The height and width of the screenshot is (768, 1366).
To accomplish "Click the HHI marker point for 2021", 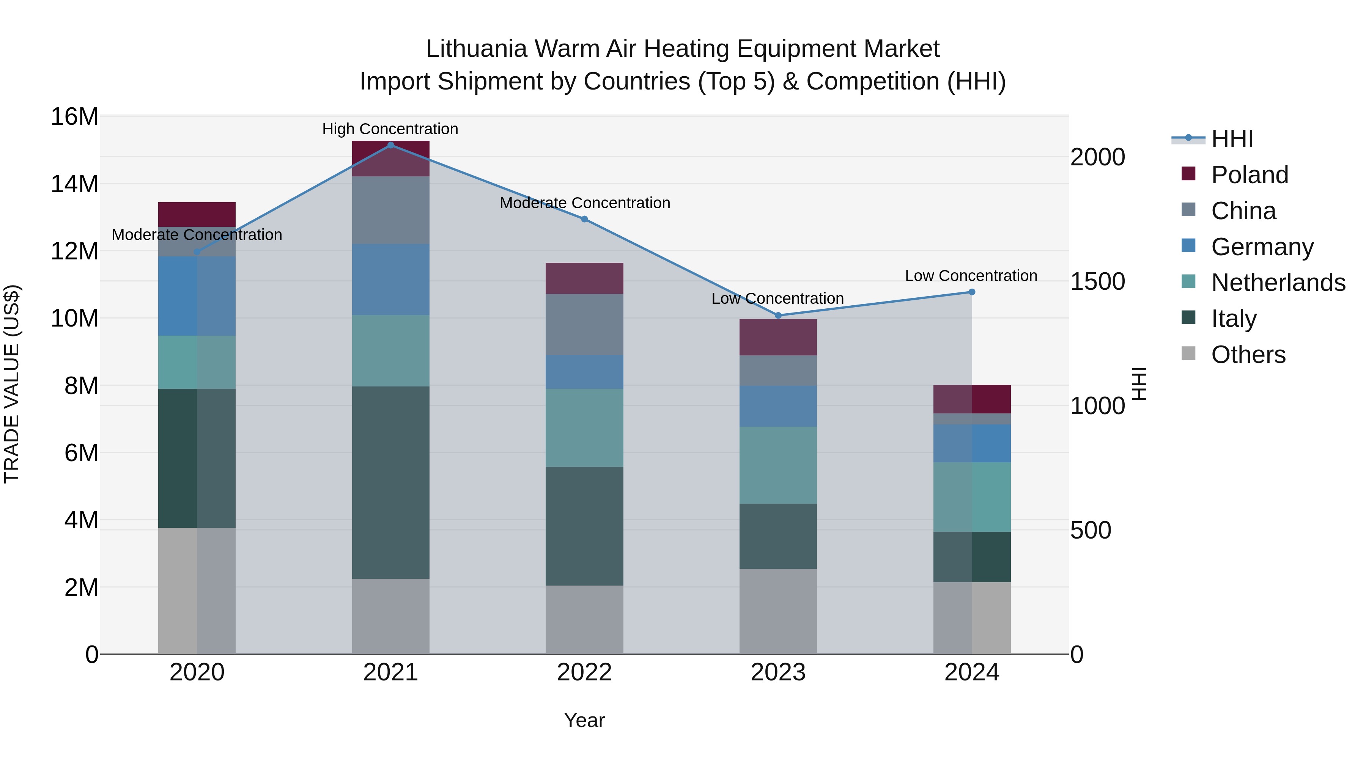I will pos(390,145).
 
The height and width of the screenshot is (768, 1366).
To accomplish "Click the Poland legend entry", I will pos(1250,175).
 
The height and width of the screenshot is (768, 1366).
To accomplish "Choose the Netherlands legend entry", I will pos(1278,283).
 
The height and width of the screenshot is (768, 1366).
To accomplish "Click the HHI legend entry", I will pos(1232,139).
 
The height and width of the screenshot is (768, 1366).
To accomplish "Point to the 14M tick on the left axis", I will pos(74,184).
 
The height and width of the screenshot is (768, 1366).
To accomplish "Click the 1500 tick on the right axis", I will pos(1097,281).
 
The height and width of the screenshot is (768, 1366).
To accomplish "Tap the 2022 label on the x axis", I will pos(584,672).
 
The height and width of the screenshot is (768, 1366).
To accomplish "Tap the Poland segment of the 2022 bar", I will pos(584,278).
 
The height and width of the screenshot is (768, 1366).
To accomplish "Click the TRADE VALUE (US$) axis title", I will pos(12,384).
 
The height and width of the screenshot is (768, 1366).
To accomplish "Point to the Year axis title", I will pos(584,720).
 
